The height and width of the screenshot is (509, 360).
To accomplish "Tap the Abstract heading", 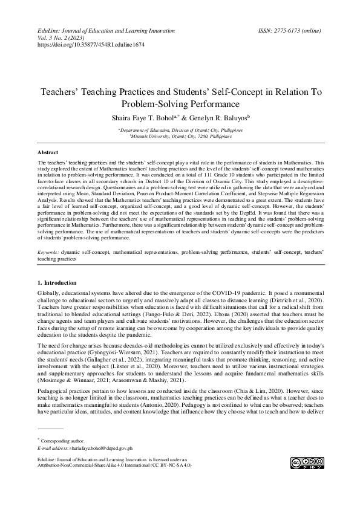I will pyautogui.click(x=48, y=153).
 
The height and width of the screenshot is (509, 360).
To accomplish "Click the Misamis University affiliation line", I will pyautogui.click(x=182, y=137).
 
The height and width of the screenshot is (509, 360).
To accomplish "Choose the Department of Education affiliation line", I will pyautogui.click(x=182, y=130).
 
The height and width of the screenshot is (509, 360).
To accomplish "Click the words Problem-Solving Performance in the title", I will pyautogui.click(x=181, y=104).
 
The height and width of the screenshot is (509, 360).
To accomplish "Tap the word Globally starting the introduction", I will pyautogui.click(x=50, y=293).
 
